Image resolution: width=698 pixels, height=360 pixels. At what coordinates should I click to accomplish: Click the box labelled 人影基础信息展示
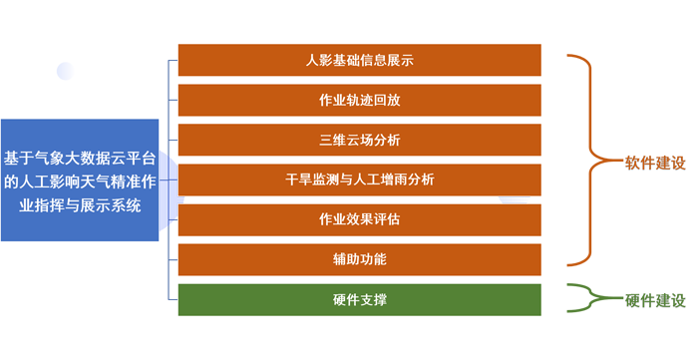pyautogui.click(x=360, y=61)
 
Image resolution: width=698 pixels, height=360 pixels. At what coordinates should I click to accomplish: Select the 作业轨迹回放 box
pyautogui.click(x=360, y=100)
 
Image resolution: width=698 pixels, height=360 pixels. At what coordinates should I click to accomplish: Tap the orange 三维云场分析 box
pyautogui.click(x=360, y=140)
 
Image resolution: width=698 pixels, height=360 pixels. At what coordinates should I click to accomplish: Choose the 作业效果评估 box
pyautogui.click(x=360, y=218)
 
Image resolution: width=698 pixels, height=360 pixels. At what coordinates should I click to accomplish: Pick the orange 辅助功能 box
pyautogui.click(x=360, y=259)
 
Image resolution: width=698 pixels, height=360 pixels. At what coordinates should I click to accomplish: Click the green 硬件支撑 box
pyautogui.click(x=360, y=299)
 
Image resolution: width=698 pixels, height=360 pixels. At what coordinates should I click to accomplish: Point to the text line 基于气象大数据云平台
pyautogui.click(x=81, y=157)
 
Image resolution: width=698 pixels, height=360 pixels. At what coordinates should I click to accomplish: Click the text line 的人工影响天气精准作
pyautogui.click(x=81, y=181)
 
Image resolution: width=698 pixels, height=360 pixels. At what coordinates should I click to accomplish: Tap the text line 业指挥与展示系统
pyautogui.click(x=81, y=206)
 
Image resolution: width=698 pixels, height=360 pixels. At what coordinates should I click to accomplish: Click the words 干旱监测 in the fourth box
pyautogui.click(x=309, y=180)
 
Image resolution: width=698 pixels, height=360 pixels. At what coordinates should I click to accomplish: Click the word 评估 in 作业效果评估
pyautogui.click(x=387, y=218)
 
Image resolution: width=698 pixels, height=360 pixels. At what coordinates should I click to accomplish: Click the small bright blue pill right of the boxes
pyautogui.click(x=515, y=199)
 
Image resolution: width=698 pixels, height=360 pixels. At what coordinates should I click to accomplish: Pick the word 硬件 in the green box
pyautogui.click(x=346, y=299)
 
